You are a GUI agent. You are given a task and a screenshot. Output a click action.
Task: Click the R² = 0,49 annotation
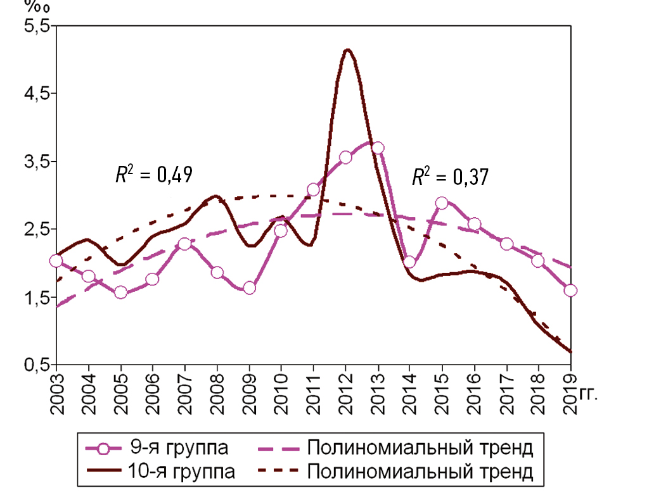tap(154, 175)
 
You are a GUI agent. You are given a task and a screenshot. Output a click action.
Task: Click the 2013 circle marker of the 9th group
tap(377, 147)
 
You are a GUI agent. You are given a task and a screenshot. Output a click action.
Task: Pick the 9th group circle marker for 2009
tap(249, 288)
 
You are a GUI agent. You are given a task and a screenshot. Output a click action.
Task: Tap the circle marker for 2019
tap(570, 291)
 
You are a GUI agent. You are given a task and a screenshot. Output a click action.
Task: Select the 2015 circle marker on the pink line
tap(442, 203)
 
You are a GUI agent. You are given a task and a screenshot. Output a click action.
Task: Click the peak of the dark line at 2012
tap(346, 50)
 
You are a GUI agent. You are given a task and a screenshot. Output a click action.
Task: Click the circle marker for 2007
tap(184, 244)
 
